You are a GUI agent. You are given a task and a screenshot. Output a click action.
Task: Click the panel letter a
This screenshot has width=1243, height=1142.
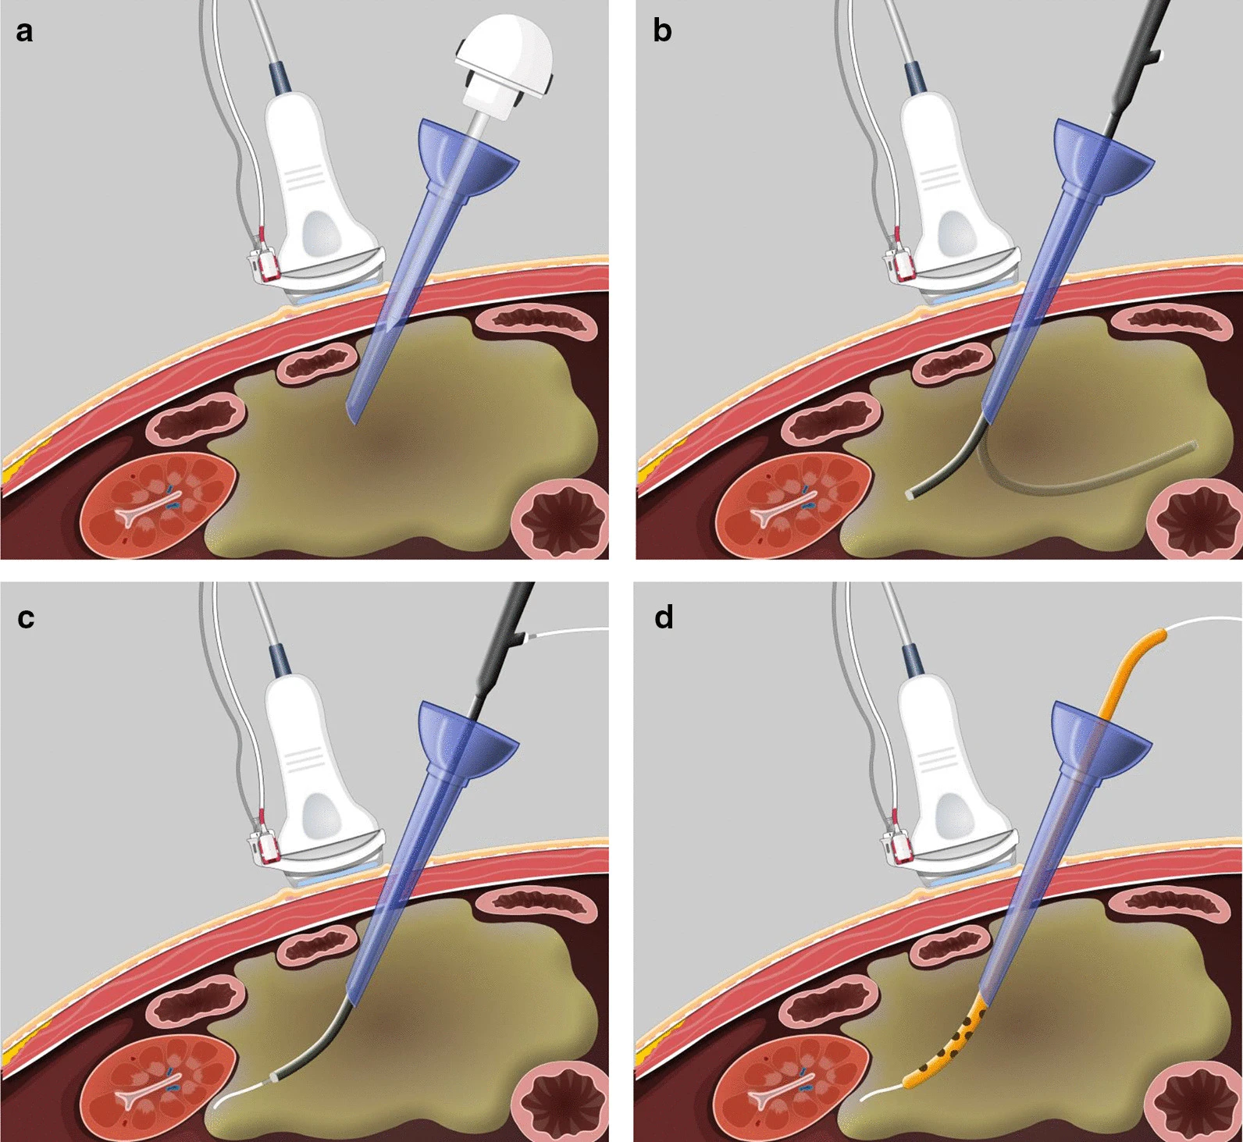tap(24, 32)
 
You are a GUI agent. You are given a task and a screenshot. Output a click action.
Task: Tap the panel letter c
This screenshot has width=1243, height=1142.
tap(26, 617)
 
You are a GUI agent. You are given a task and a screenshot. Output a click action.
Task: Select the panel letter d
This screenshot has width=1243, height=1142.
tap(664, 617)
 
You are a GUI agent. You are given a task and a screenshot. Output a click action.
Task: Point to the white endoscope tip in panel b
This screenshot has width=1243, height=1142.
tap(909, 495)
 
